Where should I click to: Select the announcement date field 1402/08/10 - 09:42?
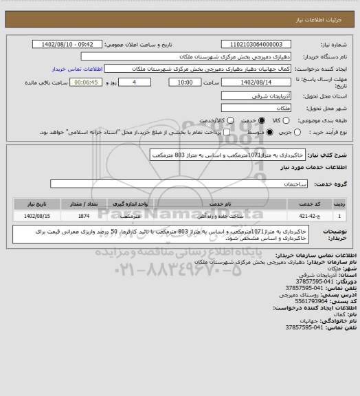click(x=67, y=45)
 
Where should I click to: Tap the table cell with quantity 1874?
click(x=85, y=216)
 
